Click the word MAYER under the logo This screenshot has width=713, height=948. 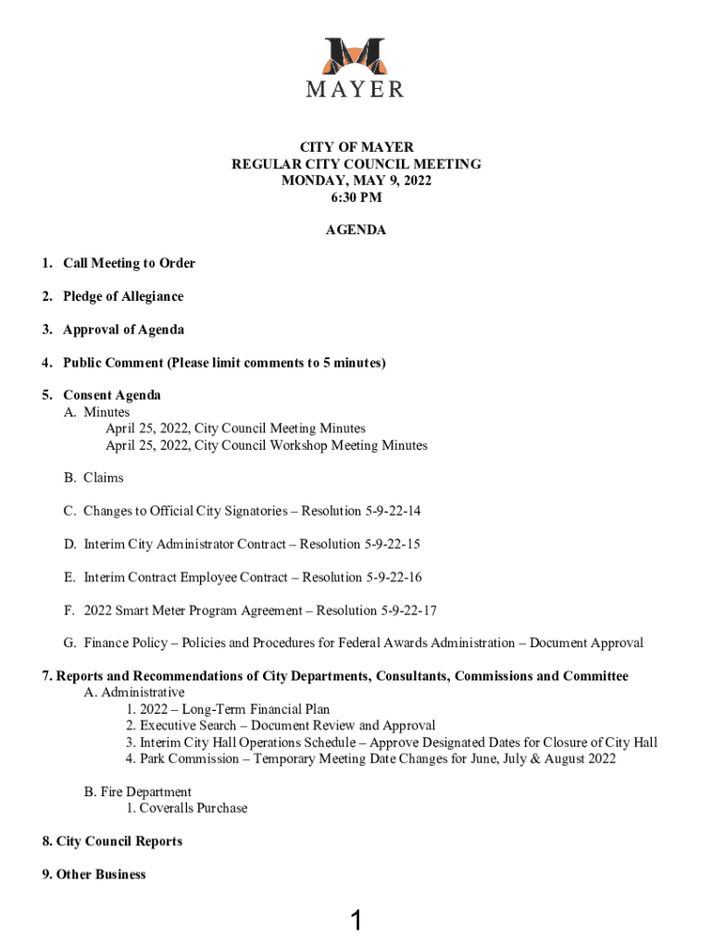point(356,90)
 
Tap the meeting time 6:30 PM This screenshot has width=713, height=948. point(356,197)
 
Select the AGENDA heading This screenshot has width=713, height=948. point(356,231)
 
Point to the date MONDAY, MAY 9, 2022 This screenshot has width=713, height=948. point(356,181)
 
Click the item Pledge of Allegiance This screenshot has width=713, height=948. point(123,296)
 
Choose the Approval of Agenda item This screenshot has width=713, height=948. point(123,330)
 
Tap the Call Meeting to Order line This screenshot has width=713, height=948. point(129,263)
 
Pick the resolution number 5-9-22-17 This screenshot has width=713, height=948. point(404,611)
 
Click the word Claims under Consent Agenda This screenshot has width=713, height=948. point(103,478)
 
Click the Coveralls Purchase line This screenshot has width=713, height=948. point(187,808)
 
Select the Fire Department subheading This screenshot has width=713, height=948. point(138,792)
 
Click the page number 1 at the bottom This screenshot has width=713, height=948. point(356,920)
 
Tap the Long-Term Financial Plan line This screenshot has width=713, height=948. point(228,709)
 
